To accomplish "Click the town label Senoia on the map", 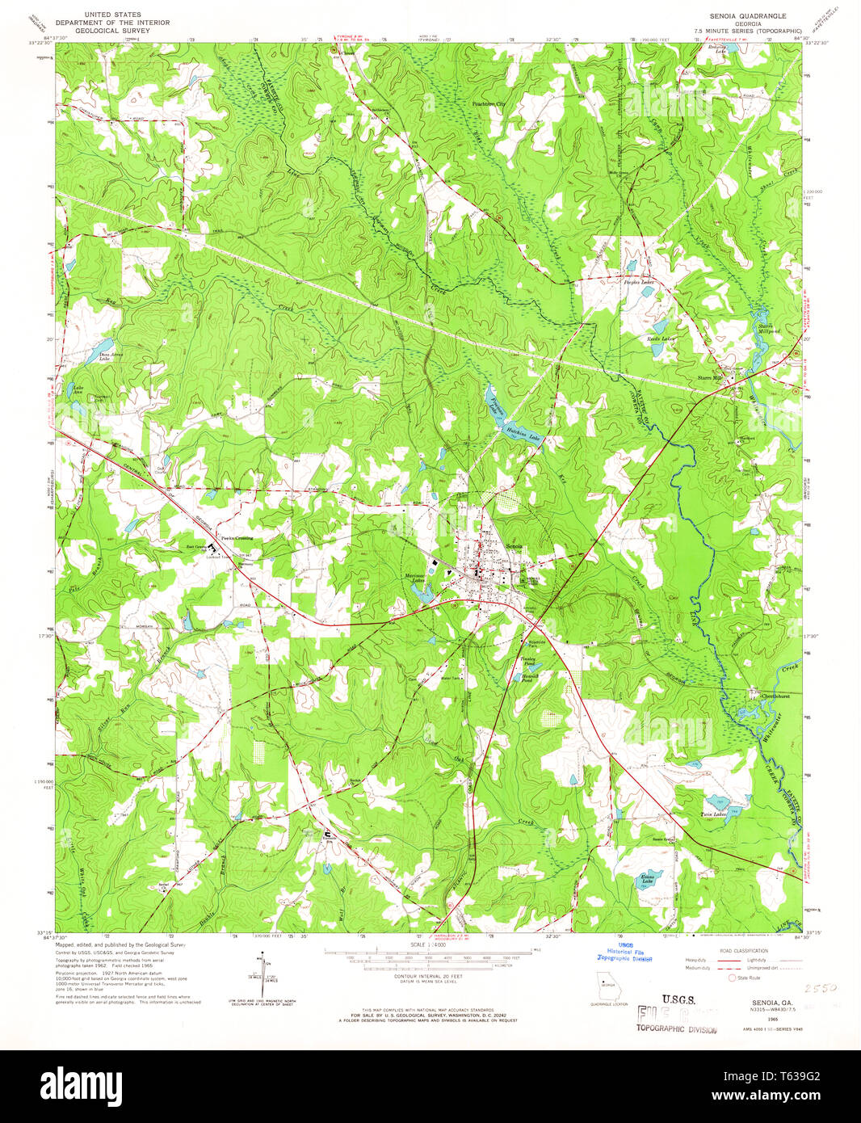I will tap(514, 547).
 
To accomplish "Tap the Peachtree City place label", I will tap(489, 104).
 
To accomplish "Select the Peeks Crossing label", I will tap(237, 538).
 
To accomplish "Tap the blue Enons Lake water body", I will tap(653, 877).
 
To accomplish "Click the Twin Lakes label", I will tap(713, 814).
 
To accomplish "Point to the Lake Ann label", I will tap(78, 390).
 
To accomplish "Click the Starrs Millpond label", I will tap(769, 329).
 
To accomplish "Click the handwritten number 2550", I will tap(819, 987).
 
